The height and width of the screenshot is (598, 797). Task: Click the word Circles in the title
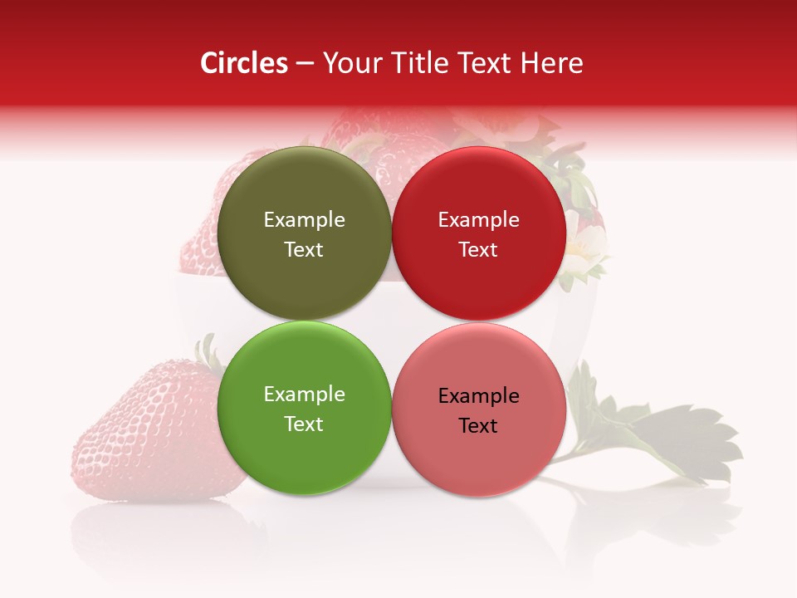click(x=244, y=63)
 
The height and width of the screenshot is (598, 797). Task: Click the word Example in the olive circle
click(x=304, y=219)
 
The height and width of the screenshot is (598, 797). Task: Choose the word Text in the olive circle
click(x=304, y=249)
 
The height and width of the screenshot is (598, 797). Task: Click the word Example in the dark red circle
click(x=478, y=219)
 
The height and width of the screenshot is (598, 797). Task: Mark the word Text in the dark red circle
click(x=478, y=249)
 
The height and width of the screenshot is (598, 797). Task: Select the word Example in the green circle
click(x=304, y=394)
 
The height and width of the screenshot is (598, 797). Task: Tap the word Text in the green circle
click(x=304, y=424)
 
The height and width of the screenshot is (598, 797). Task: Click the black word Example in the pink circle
click(x=478, y=395)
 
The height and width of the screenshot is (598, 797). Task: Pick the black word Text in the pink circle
click(x=478, y=425)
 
